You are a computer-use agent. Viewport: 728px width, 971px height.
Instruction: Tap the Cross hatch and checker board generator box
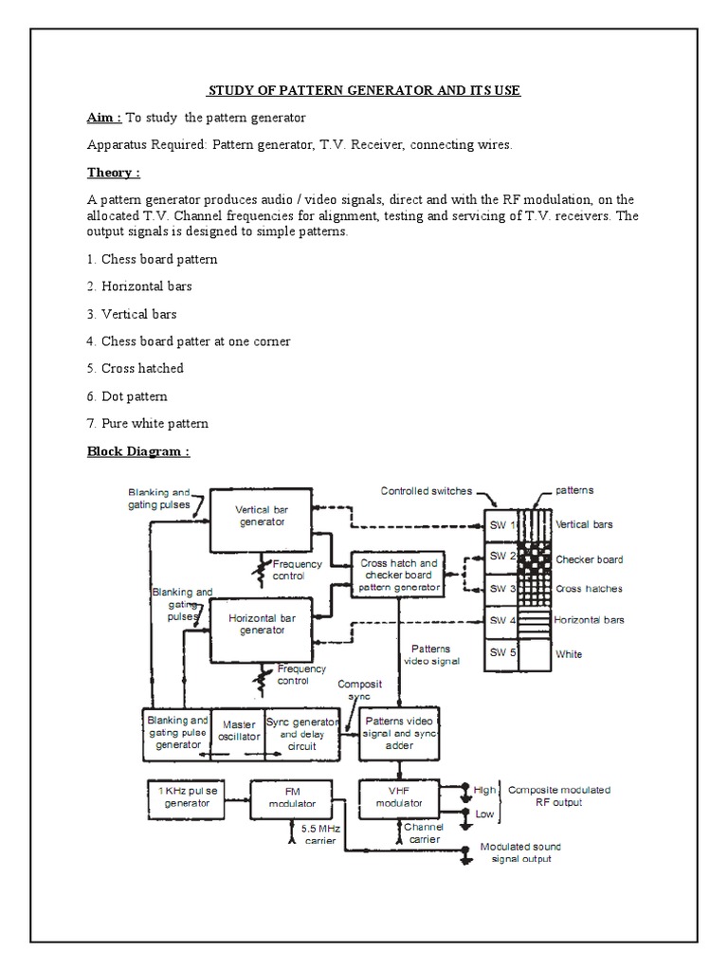[x=398, y=576]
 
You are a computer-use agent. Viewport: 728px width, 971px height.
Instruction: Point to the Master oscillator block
[x=238, y=732]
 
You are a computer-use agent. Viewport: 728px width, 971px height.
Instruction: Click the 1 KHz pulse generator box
[x=187, y=796]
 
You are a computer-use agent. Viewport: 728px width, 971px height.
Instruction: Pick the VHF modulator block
[x=399, y=797]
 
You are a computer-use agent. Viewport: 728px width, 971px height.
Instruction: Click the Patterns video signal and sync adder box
[x=399, y=732]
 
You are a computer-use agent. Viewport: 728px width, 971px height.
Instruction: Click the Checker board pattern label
[x=589, y=559]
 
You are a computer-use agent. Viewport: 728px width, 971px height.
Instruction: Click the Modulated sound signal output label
[x=520, y=852]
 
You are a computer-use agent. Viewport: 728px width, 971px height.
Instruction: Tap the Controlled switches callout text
[x=426, y=491]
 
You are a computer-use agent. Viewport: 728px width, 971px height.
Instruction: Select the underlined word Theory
[x=114, y=173]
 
